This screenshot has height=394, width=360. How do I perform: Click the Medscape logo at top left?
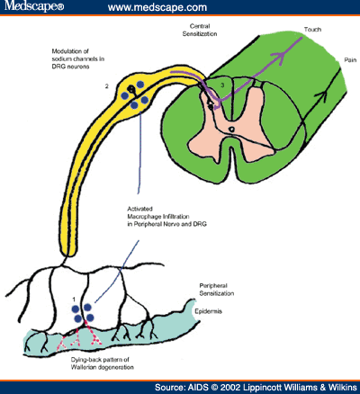[33, 8]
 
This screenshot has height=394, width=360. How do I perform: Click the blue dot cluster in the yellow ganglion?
[138, 98]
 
